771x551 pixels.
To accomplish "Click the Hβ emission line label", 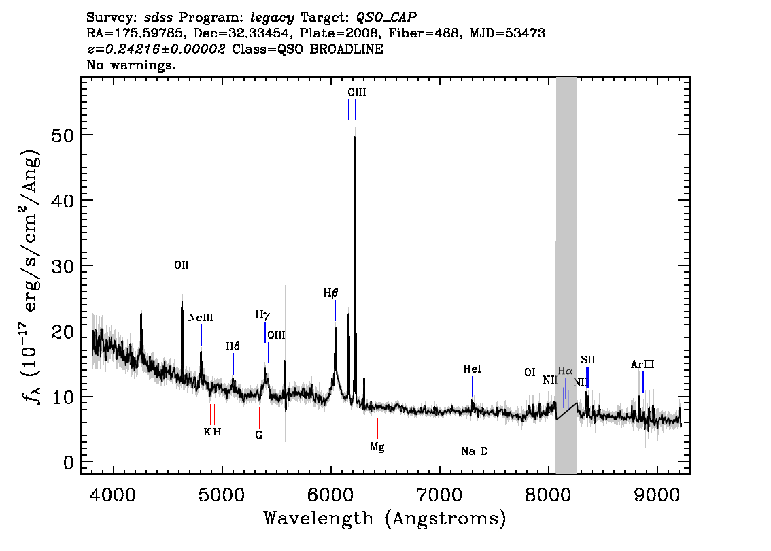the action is pyautogui.click(x=330, y=293).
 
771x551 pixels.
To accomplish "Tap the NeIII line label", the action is pyautogui.click(x=201, y=318).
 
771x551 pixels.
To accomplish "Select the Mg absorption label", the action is pyautogui.click(x=377, y=447).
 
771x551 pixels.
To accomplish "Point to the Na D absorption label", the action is pyautogui.click(x=475, y=451).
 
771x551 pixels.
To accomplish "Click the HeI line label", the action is pyautogui.click(x=472, y=369).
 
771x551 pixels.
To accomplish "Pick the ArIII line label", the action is pyautogui.click(x=642, y=365).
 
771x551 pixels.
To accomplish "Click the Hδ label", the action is pyautogui.click(x=233, y=346).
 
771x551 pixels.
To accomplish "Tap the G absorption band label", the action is pyautogui.click(x=259, y=435).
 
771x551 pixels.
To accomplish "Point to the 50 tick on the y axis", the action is pyautogui.click(x=63, y=135).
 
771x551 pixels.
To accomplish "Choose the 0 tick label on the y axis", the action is pyautogui.click(x=69, y=463).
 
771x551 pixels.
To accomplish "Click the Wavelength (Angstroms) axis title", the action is pyautogui.click(x=385, y=518).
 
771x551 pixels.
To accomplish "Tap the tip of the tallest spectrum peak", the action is pyautogui.click(x=355, y=129).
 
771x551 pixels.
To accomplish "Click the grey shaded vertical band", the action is pyautogui.click(x=566, y=275).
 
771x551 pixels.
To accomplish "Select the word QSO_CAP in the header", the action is pyautogui.click(x=386, y=18).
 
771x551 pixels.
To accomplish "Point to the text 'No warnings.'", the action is pyautogui.click(x=131, y=65).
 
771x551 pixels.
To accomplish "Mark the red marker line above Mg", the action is pyautogui.click(x=377, y=429).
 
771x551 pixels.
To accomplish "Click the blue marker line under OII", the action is pyautogui.click(x=182, y=283).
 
